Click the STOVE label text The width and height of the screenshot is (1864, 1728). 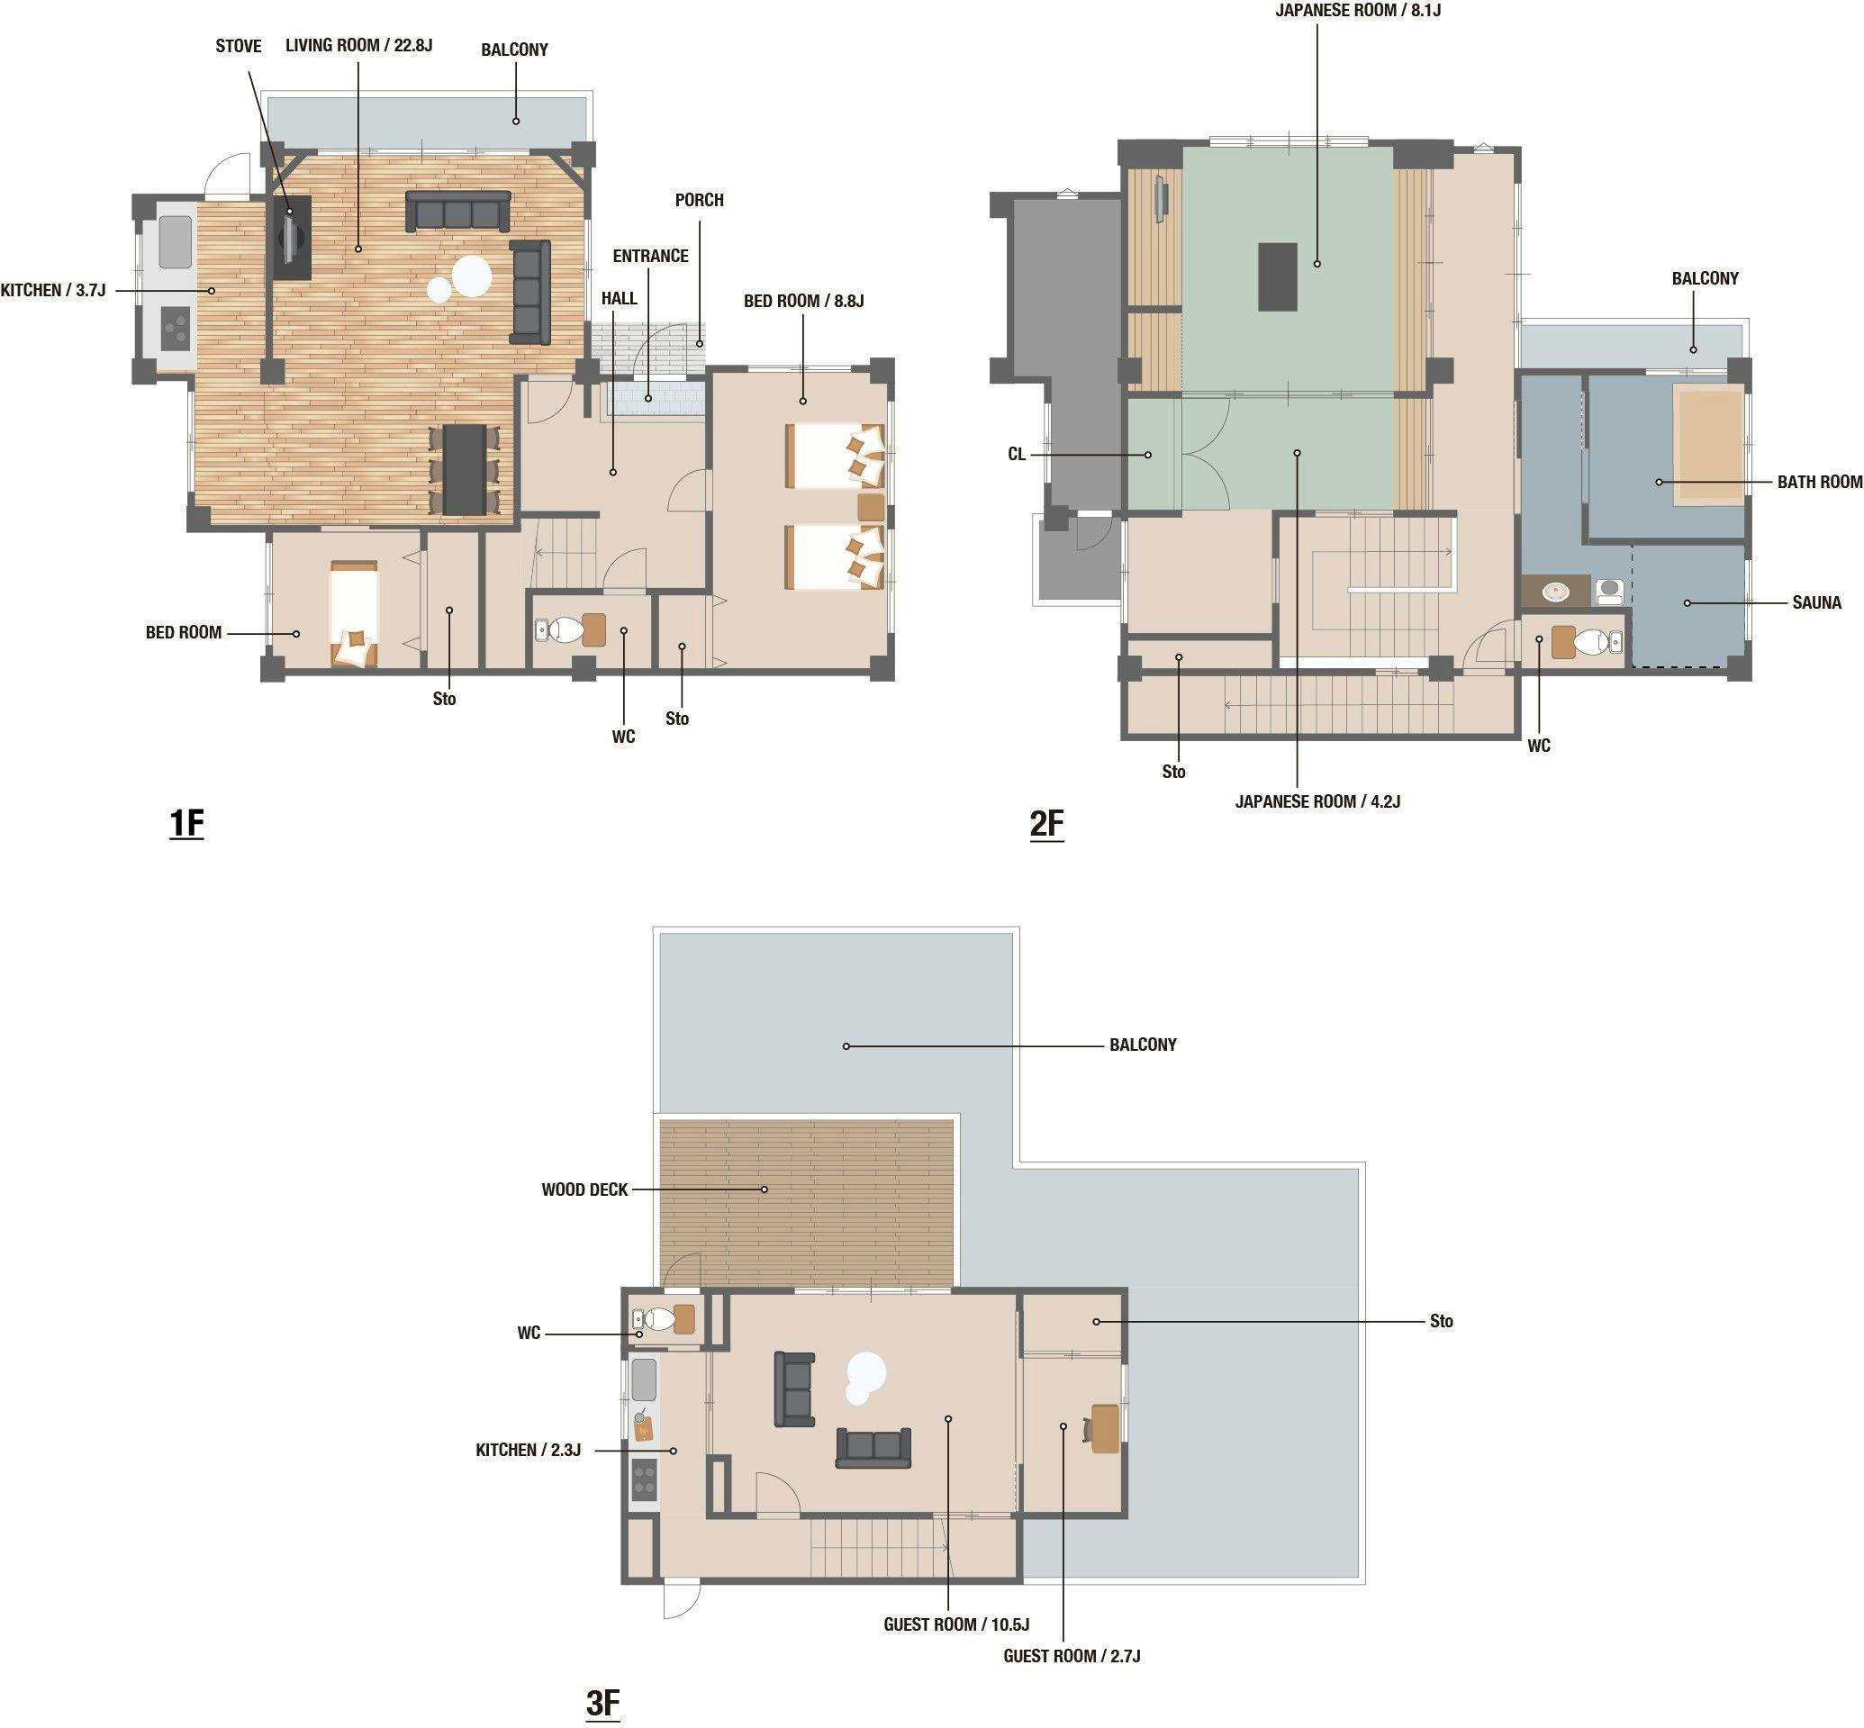coord(239,46)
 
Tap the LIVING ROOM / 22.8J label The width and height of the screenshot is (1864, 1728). coord(359,45)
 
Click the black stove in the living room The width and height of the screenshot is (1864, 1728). coord(292,238)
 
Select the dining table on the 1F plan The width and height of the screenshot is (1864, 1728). coord(464,469)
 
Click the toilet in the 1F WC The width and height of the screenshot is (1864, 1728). coord(565,629)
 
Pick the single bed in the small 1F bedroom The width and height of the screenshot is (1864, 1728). coord(354,614)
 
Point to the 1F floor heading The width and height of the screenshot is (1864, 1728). coord(186,823)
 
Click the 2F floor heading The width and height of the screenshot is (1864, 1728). coord(1046,823)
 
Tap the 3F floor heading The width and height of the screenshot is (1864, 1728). coord(603,1703)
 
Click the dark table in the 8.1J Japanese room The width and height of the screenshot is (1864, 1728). coord(1278,276)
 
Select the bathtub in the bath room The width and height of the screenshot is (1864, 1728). coord(1709,447)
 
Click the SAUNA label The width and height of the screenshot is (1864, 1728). coord(1816,603)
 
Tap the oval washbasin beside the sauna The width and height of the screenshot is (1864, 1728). coord(1556,591)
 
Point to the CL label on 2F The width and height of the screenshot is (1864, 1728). coord(1017,455)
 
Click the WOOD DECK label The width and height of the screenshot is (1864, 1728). coord(584,1190)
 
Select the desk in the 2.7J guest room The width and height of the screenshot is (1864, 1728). coord(1106,1428)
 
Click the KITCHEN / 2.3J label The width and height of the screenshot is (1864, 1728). coord(529,1450)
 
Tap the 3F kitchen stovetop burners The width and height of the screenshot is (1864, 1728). coord(645,1479)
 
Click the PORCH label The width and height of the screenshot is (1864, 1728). coord(700,200)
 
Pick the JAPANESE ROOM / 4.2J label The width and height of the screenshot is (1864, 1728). coord(1317,801)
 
